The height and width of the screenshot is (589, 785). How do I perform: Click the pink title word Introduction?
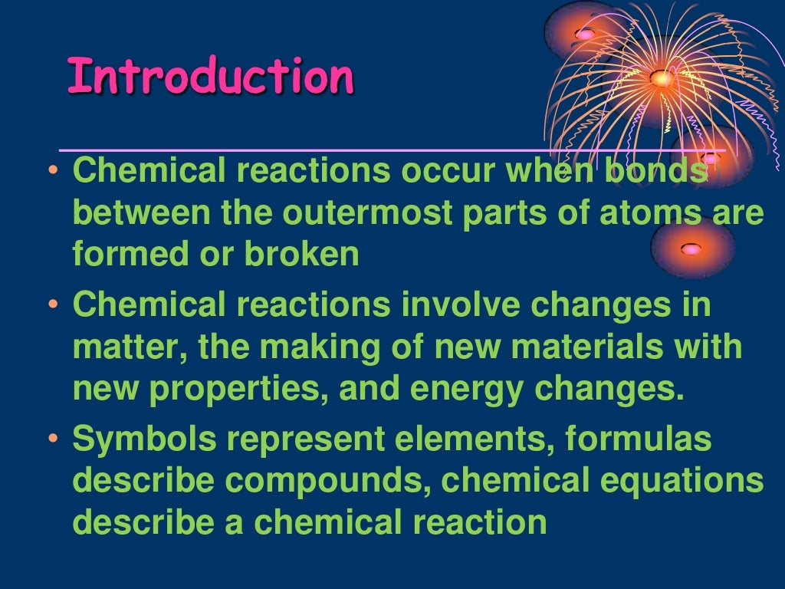211,77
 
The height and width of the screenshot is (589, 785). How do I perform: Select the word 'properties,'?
239,389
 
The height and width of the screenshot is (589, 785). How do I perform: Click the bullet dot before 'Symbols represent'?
52,440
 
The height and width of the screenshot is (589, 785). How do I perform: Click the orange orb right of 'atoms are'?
692,248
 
